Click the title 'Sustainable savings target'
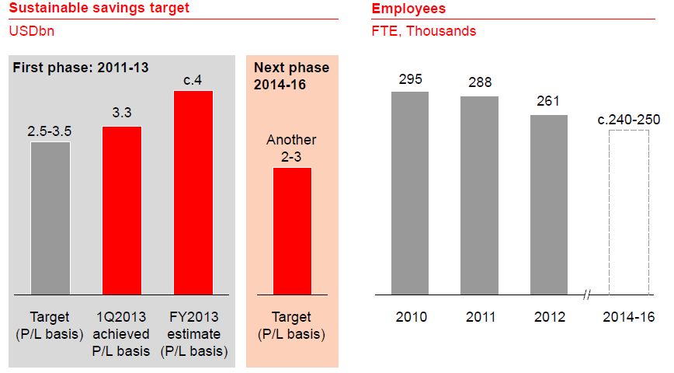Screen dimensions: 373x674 click(99, 9)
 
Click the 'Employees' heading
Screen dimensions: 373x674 click(408, 9)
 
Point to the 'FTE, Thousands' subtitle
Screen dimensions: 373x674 click(423, 31)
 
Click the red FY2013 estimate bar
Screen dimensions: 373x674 click(193, 193)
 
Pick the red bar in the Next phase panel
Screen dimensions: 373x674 click(292, 231)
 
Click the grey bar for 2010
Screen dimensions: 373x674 click(409, 193)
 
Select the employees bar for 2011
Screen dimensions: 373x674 click(479, 195)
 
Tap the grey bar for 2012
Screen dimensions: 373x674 click(548, 204)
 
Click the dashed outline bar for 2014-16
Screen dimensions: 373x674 click(629, 212)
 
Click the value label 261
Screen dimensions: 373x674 click(548, 102)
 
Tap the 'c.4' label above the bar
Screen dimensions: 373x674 click(193, 80)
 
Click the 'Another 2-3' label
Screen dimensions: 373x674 click(292, 148)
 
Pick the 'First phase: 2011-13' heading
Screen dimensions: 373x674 click(81, 68)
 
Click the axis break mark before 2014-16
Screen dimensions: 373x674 click(588, 295)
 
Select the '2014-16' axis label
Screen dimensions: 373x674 click(629, 317)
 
